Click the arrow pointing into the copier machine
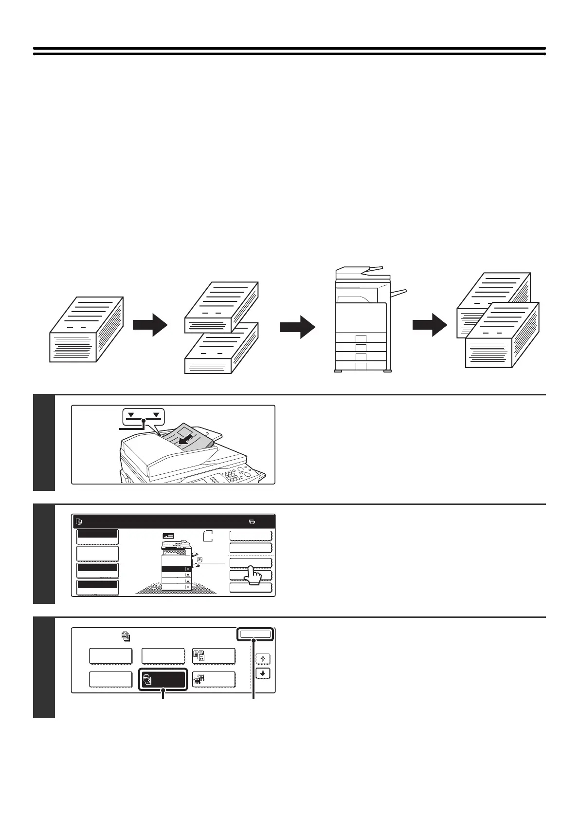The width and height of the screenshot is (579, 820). pyautogui.click(x=298, y=326)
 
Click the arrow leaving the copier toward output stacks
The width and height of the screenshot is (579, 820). pyautogui.click(x=430, y=325)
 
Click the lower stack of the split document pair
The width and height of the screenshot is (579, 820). pyautogui.click(x=222, y=348)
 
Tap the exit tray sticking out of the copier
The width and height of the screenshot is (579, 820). pyautogui.click(x=398, y=293)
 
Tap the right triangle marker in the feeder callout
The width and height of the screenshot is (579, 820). pyautogui.click(x=156, y=415)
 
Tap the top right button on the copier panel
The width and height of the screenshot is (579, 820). pyautogui.click(x=250, y=536)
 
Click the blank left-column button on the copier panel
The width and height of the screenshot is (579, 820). pyautogui.click(x=97, y=554)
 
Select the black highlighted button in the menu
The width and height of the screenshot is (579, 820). pyautogui.click(x=163, y=680)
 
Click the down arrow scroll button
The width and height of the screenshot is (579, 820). pyautogui.click(x=263, y=674)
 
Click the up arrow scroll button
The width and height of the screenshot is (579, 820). pyautogui.click(x=263, y=658)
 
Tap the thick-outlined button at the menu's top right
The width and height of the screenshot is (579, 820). pyautogui.click(x=255, y=634)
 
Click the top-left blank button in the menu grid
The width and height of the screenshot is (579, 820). pyautogui.click(x=111, y=656)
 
